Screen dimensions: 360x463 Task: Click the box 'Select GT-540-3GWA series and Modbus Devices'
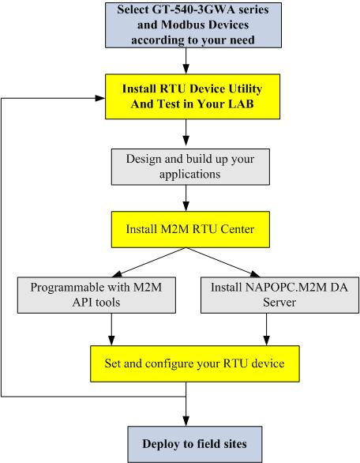tap(193, 25)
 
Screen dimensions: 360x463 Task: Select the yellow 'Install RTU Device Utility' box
tap(193, 96)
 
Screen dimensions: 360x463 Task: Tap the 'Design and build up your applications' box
tap(190, 167)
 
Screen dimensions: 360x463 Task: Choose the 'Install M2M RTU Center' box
tap(190, 229)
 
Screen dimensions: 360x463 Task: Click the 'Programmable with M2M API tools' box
tap(96, 295)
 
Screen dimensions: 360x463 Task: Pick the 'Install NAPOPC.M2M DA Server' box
tap(279, 295)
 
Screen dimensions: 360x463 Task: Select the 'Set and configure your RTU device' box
tap(195, 363)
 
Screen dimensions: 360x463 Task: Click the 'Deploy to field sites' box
tap(195, 444)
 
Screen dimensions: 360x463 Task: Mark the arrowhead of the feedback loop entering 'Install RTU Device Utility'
tap(100, 98)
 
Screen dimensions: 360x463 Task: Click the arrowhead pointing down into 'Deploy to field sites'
tap(186, 421)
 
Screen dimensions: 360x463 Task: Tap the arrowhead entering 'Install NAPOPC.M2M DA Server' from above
tap(254, 274)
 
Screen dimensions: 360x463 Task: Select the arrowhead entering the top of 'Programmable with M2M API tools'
tap(118, 274)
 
